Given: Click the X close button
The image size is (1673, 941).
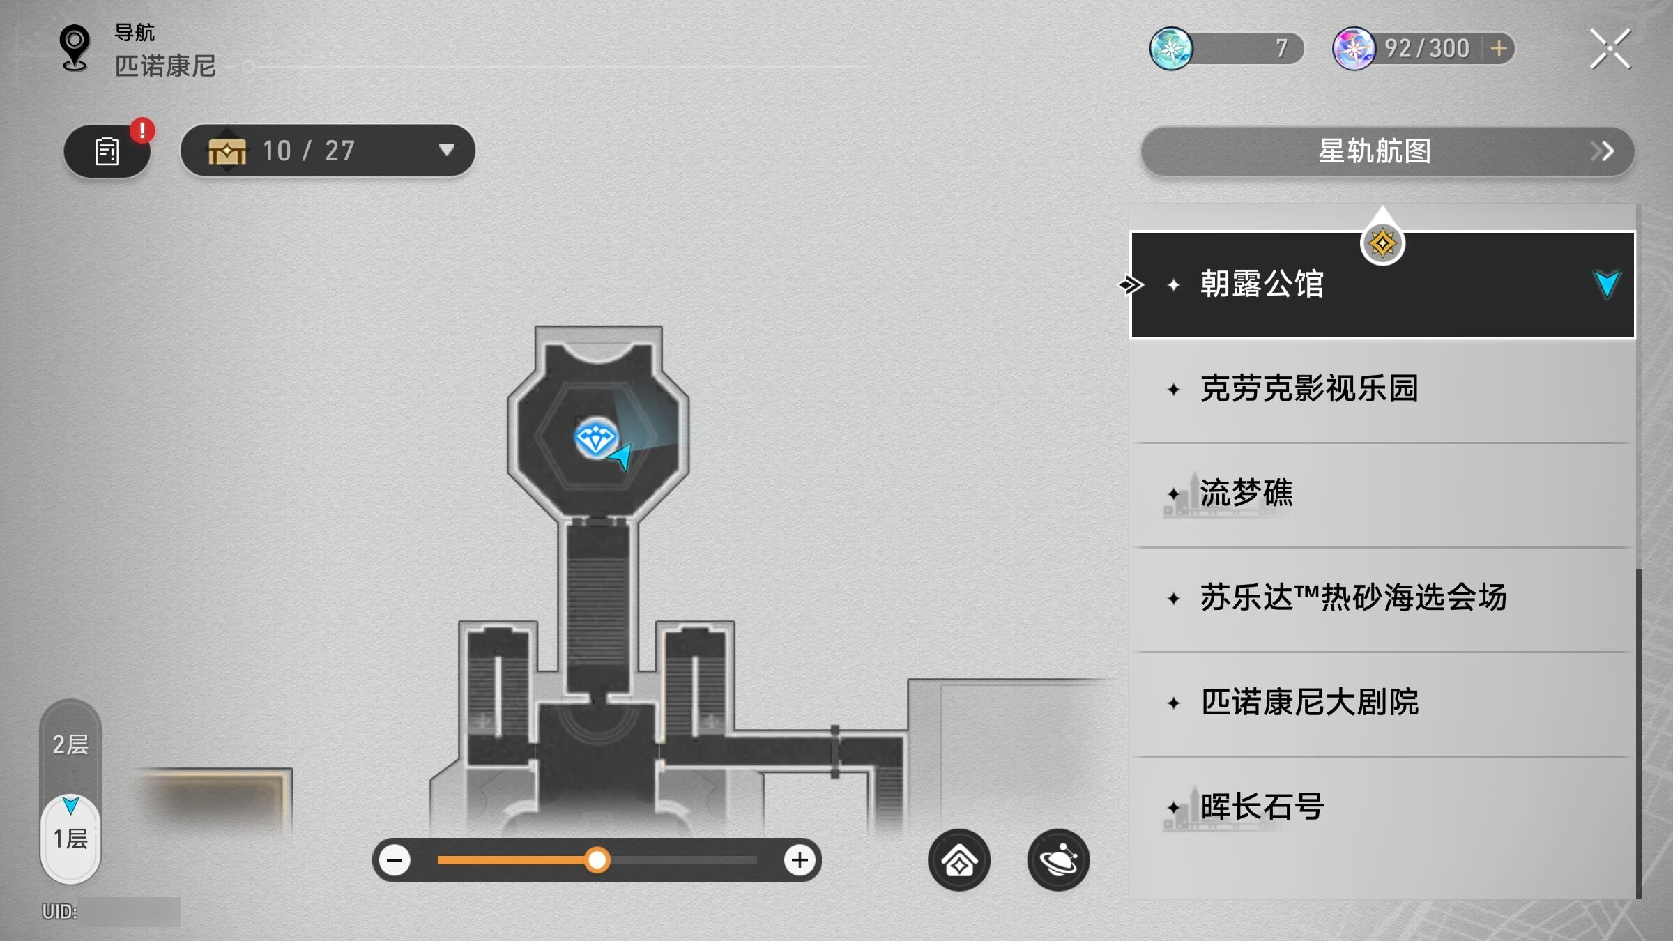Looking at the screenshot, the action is (1610, 49).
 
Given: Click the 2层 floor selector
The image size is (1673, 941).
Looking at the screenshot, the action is (70, 744).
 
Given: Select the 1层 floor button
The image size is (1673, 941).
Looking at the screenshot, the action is (70, 838).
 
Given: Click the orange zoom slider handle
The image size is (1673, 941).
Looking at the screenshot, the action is (597, 860).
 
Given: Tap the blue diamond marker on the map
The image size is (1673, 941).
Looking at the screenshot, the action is (595, 439).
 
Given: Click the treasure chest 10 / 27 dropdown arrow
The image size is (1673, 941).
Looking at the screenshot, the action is (447, 150).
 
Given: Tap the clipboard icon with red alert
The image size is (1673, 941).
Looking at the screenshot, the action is (107, 151).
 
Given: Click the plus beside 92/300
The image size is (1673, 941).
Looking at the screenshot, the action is (1499, 49).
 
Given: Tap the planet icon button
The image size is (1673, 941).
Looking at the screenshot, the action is (1058, 860).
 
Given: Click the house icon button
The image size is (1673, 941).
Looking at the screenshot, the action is (959, 860).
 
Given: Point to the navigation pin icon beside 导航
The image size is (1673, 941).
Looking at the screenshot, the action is (75, 48).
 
